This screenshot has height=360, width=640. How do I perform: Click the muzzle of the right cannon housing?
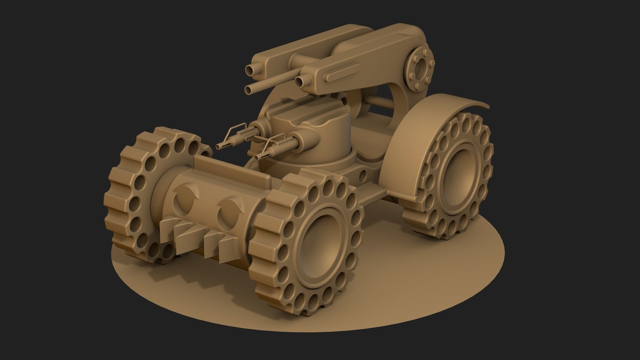(300, 81)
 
